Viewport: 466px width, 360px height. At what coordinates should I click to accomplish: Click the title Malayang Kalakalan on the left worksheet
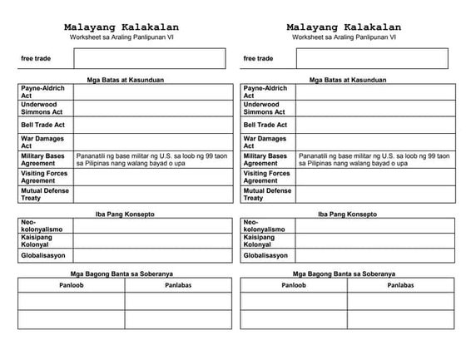coord(121,27)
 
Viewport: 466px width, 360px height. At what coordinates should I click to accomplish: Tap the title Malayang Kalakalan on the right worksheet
coord(344,27)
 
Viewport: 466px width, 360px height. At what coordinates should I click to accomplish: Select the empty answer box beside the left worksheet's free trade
coord(149,58)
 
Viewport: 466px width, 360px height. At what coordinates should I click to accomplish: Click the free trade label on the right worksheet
coord(258,59)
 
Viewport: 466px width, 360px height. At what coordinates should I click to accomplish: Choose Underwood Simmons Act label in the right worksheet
coord(265,108)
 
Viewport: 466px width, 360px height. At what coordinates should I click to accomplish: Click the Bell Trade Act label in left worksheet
coord(43,125)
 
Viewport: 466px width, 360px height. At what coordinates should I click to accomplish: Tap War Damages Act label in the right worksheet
coord(265,142)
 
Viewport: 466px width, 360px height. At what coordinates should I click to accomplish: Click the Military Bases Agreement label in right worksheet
coord(265,160)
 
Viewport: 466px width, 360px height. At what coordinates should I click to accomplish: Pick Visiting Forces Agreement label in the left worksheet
coord(44,177)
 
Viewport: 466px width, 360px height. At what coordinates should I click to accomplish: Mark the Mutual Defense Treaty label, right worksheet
coord(266,195)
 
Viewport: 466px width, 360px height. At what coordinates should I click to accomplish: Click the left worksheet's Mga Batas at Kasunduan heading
coord(125,80)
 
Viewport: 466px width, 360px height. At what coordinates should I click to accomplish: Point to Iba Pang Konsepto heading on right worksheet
coord(346,214)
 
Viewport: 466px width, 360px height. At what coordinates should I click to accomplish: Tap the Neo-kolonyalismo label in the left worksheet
coord(40,225)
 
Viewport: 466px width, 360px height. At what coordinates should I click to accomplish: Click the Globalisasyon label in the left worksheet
coord(44,256)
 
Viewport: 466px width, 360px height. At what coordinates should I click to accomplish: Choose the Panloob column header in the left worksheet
coord(72,284)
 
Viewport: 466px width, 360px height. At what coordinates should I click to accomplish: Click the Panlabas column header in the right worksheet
coord(400,284)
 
